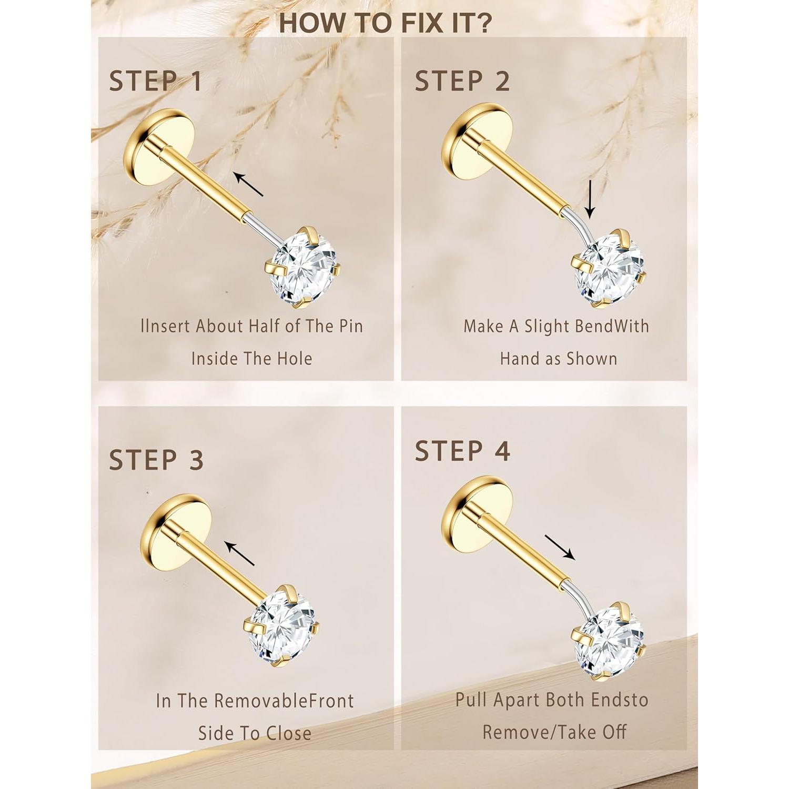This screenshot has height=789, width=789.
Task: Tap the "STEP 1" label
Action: coord(156,82)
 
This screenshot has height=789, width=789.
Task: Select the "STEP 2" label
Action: coord(462,81)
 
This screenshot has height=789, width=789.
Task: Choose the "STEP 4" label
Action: coord(462,451)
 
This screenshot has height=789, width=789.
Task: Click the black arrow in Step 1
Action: coord(249,184)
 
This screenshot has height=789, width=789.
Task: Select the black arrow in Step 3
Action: coord(239,553)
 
